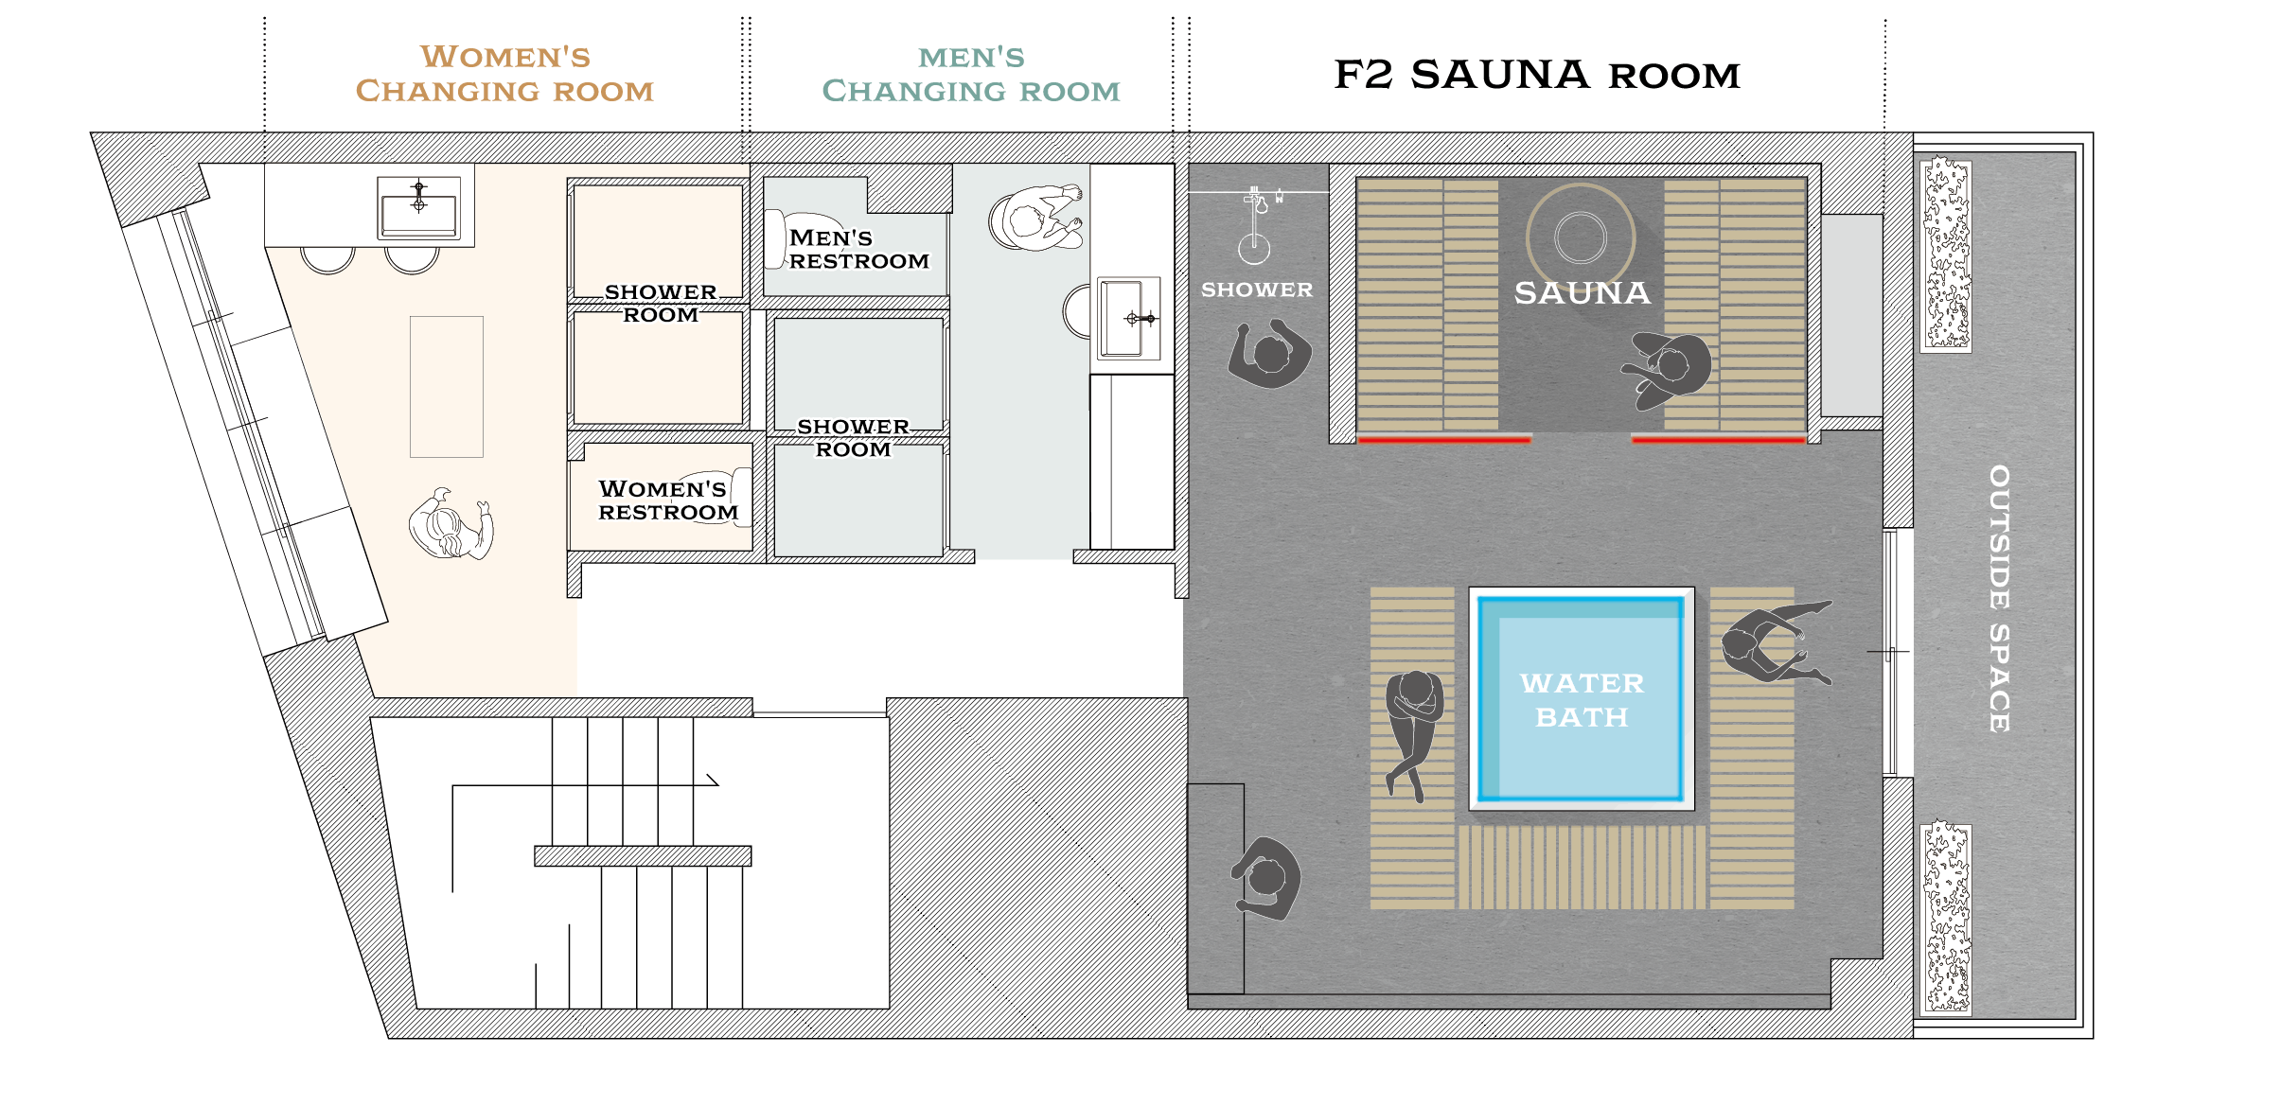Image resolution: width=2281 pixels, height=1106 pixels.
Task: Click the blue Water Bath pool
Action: (x=1581, y=698)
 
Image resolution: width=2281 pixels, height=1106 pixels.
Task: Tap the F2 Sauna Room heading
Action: (x=1537, y=75)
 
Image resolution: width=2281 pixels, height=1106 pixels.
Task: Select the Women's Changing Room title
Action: (x=504, y=74)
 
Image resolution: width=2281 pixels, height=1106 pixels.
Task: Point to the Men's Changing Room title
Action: (x=971, y=74)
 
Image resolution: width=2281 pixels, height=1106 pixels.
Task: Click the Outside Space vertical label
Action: (x=1999, y=598)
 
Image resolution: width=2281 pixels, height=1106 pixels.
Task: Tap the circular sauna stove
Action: (x=1581, y=237)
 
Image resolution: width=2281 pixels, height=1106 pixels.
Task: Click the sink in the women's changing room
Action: (x=418, y=207)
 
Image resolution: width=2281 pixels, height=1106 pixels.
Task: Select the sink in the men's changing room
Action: (x=1128, y=319)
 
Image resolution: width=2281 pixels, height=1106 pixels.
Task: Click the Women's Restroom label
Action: (x=667, y=500)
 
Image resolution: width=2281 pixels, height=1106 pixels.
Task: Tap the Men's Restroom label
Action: (x=858, y=250)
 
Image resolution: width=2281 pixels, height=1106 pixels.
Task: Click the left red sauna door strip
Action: (x=1444, y=439)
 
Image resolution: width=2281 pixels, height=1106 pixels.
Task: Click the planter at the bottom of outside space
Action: (x=1946, y=919)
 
